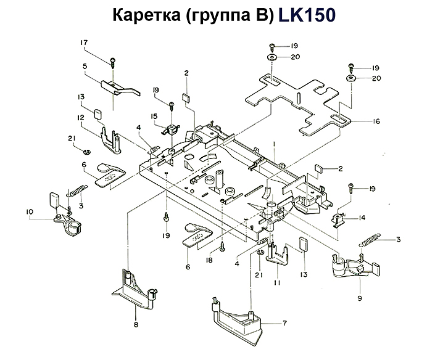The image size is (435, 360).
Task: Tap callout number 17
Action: (x=85, y=43)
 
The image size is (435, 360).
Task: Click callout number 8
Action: (x=136, y=324)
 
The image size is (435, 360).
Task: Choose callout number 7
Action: (x=284, y=323)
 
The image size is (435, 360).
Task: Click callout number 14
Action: (x=362, y=217)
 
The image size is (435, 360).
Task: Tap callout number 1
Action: (x=273, y=143)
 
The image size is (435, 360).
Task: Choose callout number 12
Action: (x=81, y=117)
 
